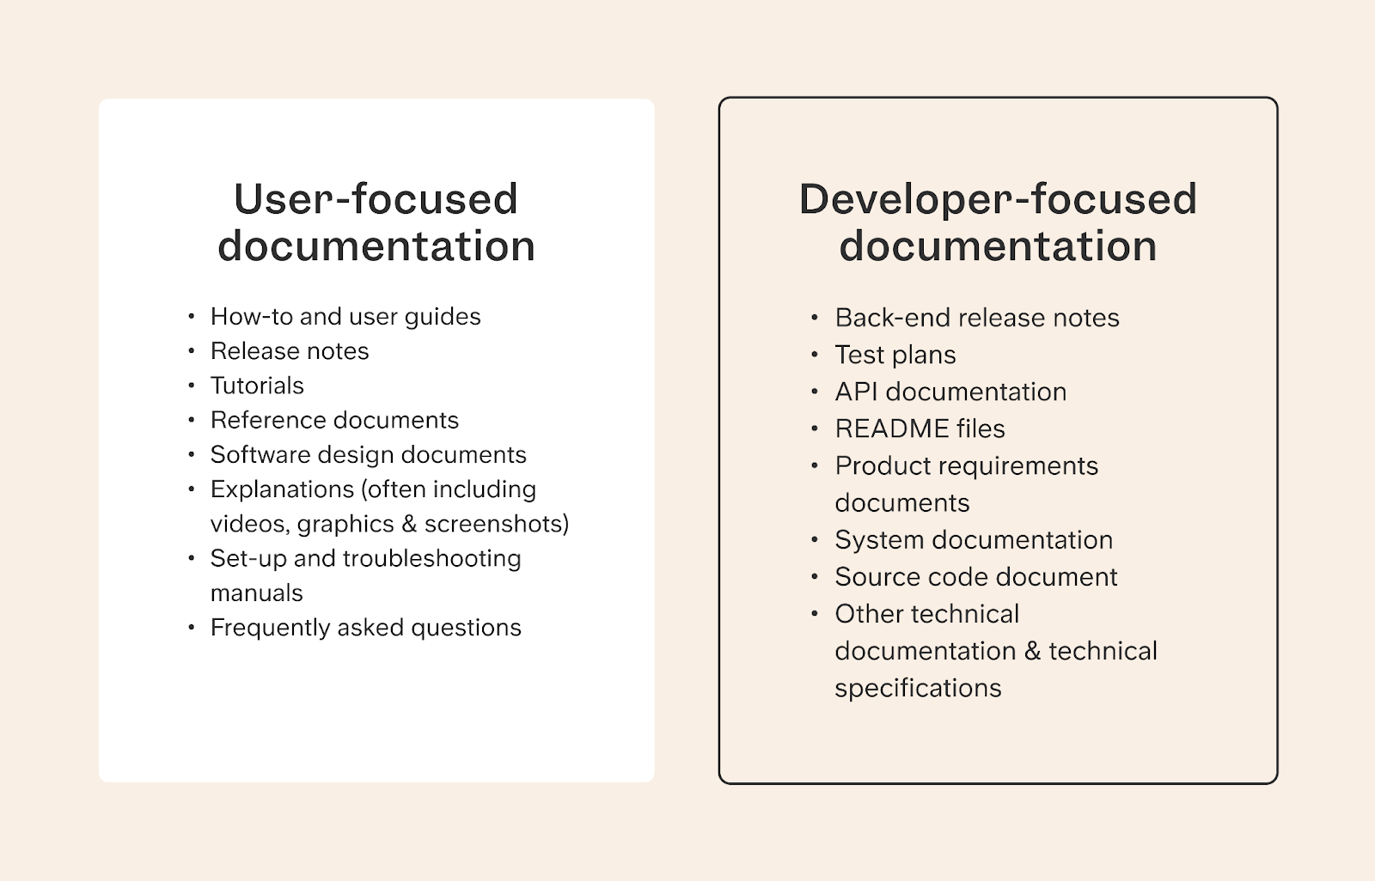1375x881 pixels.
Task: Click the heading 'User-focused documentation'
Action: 376,222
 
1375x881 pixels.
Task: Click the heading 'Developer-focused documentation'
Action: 998,222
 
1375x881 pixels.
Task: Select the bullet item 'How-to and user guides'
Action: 345,317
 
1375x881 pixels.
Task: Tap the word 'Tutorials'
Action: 257,386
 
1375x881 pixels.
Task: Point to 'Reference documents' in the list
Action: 334,420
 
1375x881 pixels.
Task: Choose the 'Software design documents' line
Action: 368,454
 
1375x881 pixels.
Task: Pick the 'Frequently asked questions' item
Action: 365,628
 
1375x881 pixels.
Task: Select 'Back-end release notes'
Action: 977,318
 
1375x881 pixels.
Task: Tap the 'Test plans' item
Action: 895,355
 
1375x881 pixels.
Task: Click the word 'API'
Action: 856,392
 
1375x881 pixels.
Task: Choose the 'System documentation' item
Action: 974,540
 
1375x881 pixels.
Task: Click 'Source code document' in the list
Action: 976,577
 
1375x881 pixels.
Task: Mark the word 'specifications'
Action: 918,688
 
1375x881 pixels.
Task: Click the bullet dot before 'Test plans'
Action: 814,355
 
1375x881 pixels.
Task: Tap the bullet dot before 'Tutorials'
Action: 191,386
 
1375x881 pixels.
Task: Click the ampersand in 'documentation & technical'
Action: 1032,651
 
